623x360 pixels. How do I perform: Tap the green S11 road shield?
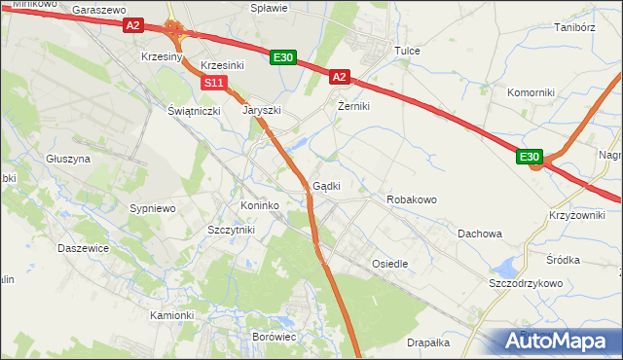[215, 83]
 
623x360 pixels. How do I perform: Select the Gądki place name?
[326, 186]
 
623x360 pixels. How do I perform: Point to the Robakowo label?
[412, 198]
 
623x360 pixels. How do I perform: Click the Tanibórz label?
[574, 28]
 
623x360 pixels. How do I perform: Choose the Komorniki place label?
[531, 92]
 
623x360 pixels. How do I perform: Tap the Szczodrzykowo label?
[526, 282]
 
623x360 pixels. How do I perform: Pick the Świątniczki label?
[195, 111]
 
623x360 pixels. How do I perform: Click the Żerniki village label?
[353, 106]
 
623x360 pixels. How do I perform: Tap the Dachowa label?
[480, 234]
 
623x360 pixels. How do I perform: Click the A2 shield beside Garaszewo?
[133, 26]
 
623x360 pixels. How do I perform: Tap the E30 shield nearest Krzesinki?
[282, 58]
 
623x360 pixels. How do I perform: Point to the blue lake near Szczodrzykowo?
[505, 266]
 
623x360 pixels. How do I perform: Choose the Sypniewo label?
[152, 208]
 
